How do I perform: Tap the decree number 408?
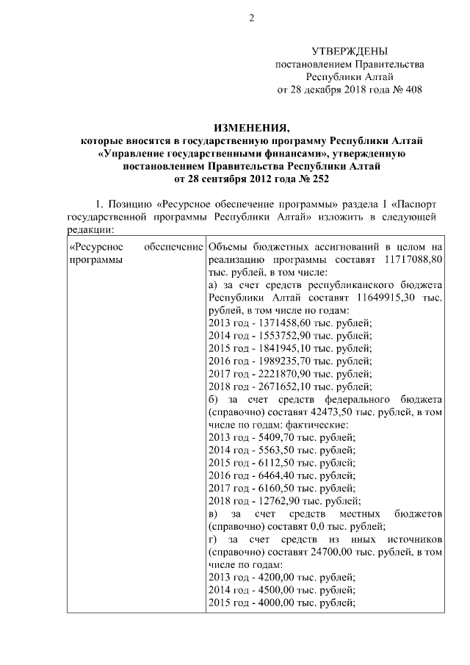[413, 90]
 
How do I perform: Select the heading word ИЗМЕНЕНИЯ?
[250, 127]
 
